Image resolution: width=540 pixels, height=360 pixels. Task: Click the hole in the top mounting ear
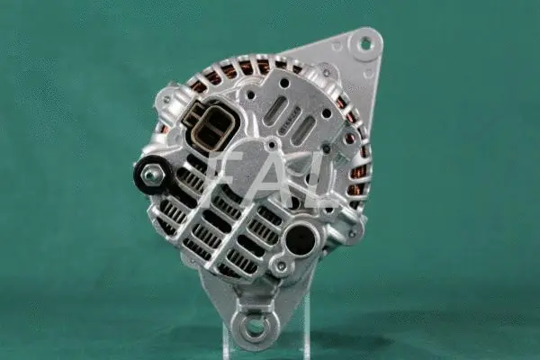(364, 42)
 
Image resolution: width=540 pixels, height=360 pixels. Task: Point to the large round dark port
(300, 237)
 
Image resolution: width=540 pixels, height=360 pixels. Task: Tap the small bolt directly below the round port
(283, 266)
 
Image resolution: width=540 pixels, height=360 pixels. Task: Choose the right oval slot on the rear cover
(307, 127)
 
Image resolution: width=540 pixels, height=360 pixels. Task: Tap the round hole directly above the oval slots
(284, 83)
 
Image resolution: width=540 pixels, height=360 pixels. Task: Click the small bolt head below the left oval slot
(270, 145)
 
